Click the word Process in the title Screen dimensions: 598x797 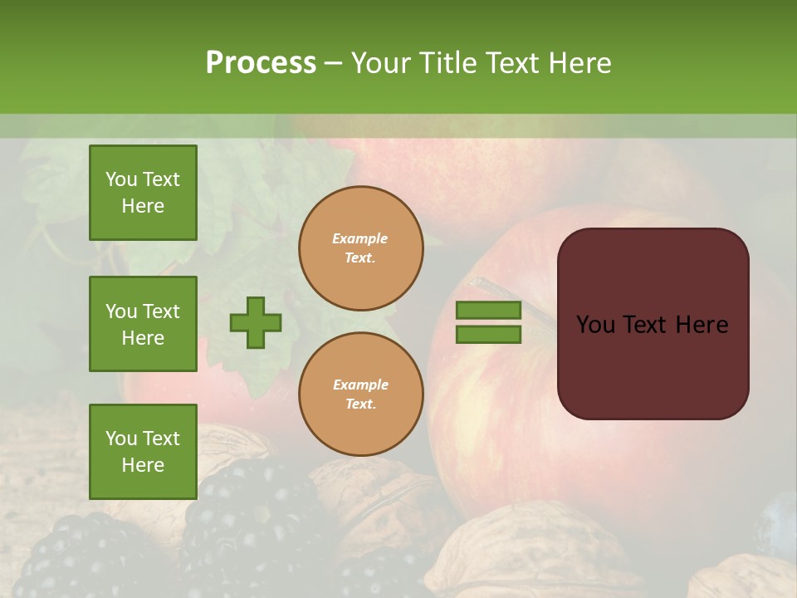261,63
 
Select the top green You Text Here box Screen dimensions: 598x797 143,193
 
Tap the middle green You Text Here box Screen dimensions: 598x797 143,324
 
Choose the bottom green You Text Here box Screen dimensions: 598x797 143,452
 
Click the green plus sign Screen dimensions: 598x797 256,322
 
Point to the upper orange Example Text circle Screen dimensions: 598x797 360,248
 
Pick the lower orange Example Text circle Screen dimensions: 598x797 360,394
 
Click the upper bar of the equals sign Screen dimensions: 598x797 488,310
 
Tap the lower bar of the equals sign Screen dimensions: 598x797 488,335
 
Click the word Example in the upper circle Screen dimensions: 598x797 360,238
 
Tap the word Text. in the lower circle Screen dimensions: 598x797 360,404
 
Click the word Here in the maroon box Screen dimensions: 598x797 702,325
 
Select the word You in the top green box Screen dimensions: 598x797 121,179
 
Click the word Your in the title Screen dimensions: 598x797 379,63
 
